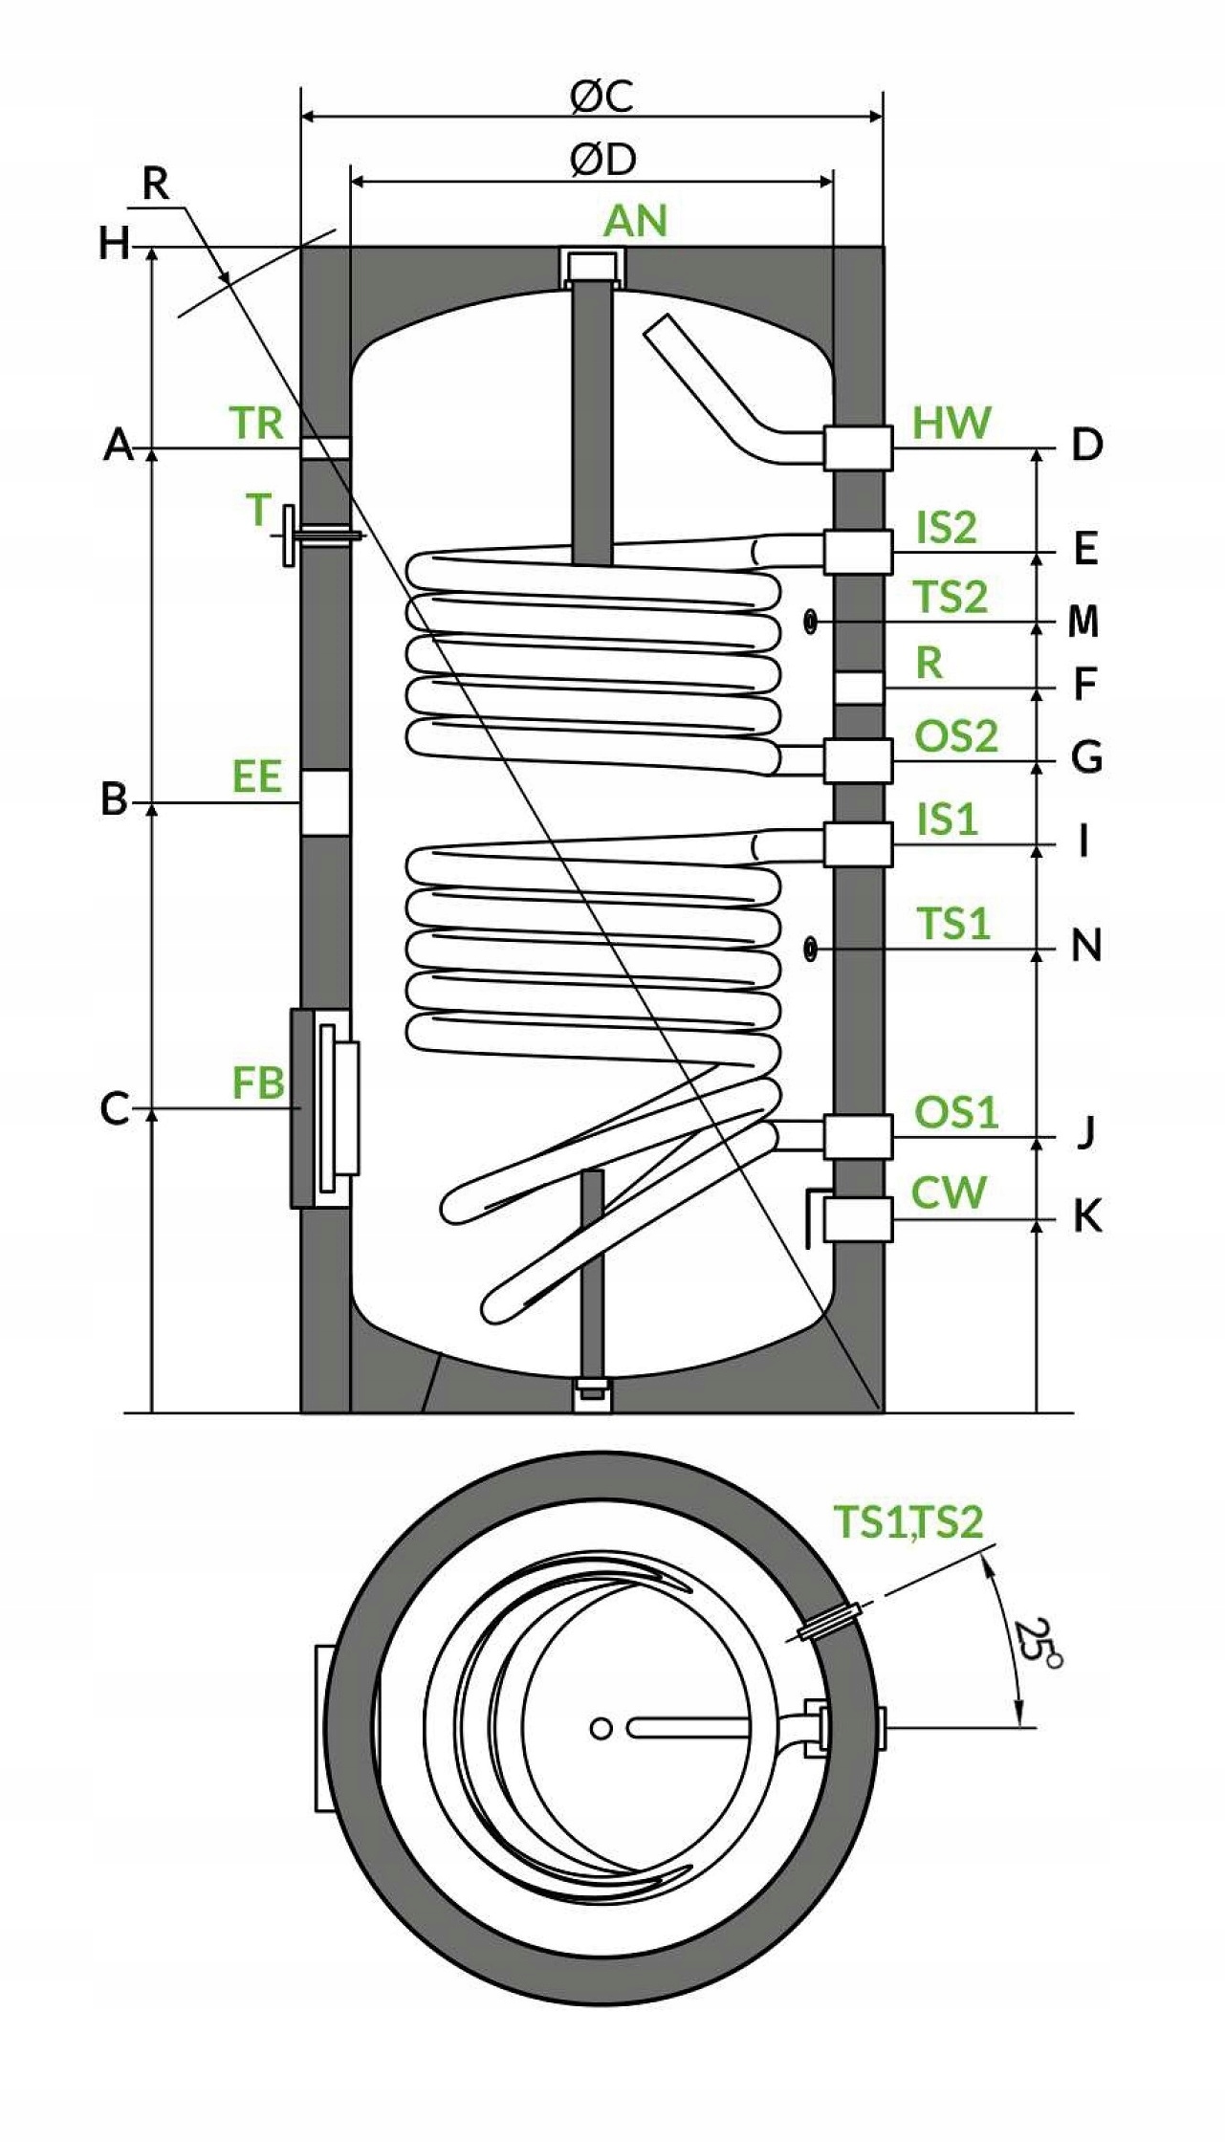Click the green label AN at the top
pos(635,221)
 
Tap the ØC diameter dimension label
pos(602,96)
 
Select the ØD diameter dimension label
pos(602,160)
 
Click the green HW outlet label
pos(952,423)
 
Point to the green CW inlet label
pos(948,1192)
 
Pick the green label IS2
pos(947,527)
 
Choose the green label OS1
pos(956,1111)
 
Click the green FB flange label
pos(258,1082)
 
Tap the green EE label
pos(257,776)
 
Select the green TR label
pos(256,423)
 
